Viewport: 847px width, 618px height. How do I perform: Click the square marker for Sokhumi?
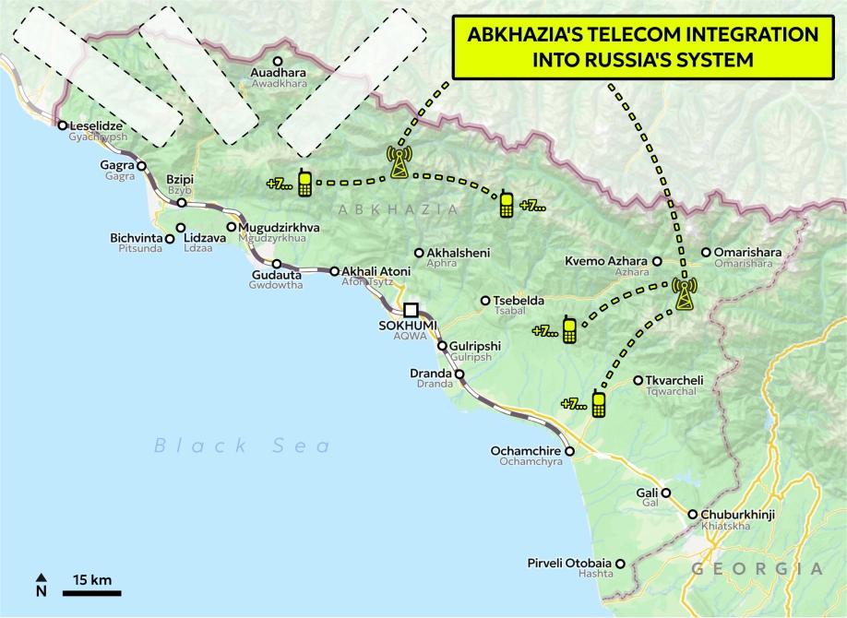(x=412, y=310)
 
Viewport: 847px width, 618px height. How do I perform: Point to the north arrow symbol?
(x=42, y=584)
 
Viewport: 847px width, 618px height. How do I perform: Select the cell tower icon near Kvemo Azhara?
(x=684, y=292)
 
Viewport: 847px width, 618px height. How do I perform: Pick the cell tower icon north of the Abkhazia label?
(x=400, y=161)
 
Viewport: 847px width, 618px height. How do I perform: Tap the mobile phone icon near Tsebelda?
(x=570, y=329)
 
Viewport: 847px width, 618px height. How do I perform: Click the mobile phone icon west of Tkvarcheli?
(x=598, y=403)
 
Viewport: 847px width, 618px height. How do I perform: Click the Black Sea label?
(x=242, y=446)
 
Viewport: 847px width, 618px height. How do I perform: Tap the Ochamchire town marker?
(x=570, y=452)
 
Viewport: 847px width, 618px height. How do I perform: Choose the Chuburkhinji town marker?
(x=692, y=515)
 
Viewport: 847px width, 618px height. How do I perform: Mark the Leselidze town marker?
(x=62, y=125)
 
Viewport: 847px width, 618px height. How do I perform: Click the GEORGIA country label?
(x=756, y=569)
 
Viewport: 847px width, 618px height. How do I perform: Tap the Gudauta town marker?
(x=276, y=263)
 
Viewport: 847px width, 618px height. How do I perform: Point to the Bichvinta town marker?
(x=170, y=238)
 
